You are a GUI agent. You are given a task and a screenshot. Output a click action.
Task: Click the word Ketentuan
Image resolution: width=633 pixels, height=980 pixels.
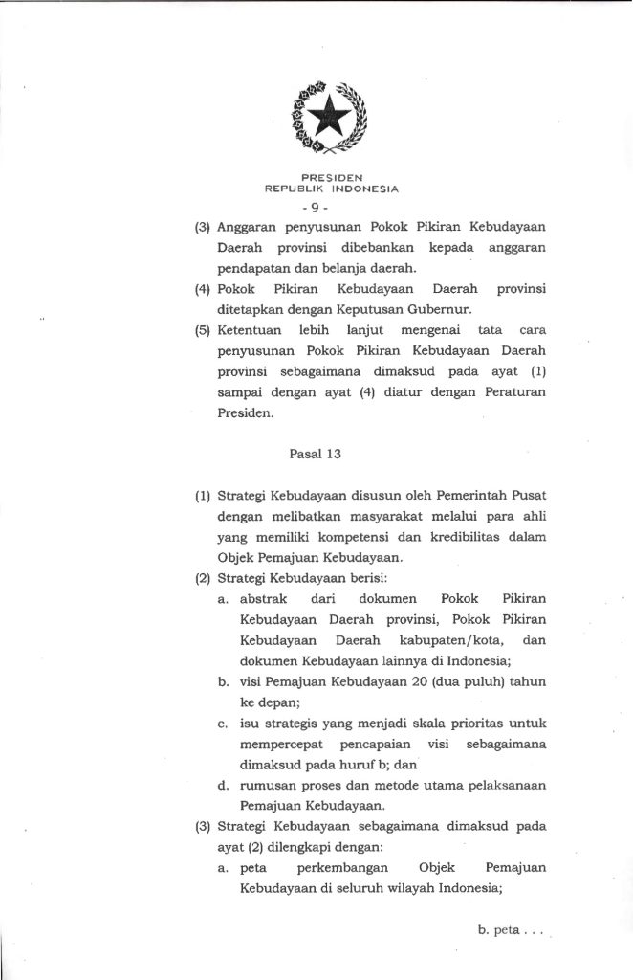click(x=251, y=329)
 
